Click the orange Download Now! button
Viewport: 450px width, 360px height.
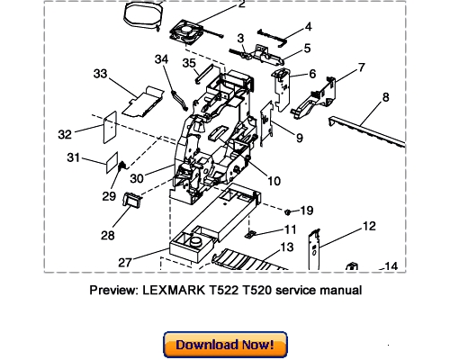pos(225,345)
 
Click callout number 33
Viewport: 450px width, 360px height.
pos(100,73)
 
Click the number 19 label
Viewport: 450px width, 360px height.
pos(306,211)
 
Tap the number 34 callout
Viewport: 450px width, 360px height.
pos(161,59)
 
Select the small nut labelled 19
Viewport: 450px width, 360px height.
pos(287,211)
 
